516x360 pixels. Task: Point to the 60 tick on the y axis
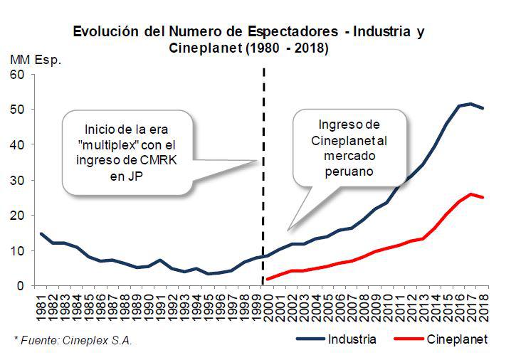pos(17,75)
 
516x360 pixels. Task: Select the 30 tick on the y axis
pos(17,180)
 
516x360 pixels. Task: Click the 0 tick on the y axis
pos(21,286)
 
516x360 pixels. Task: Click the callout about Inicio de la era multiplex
pos(127,152)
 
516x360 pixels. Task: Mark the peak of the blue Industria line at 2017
pos(470,104)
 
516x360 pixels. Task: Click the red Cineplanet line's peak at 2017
pos(470,194)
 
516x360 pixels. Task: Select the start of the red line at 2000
pos(267,279)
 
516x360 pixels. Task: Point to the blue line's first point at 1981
pos(42,233)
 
